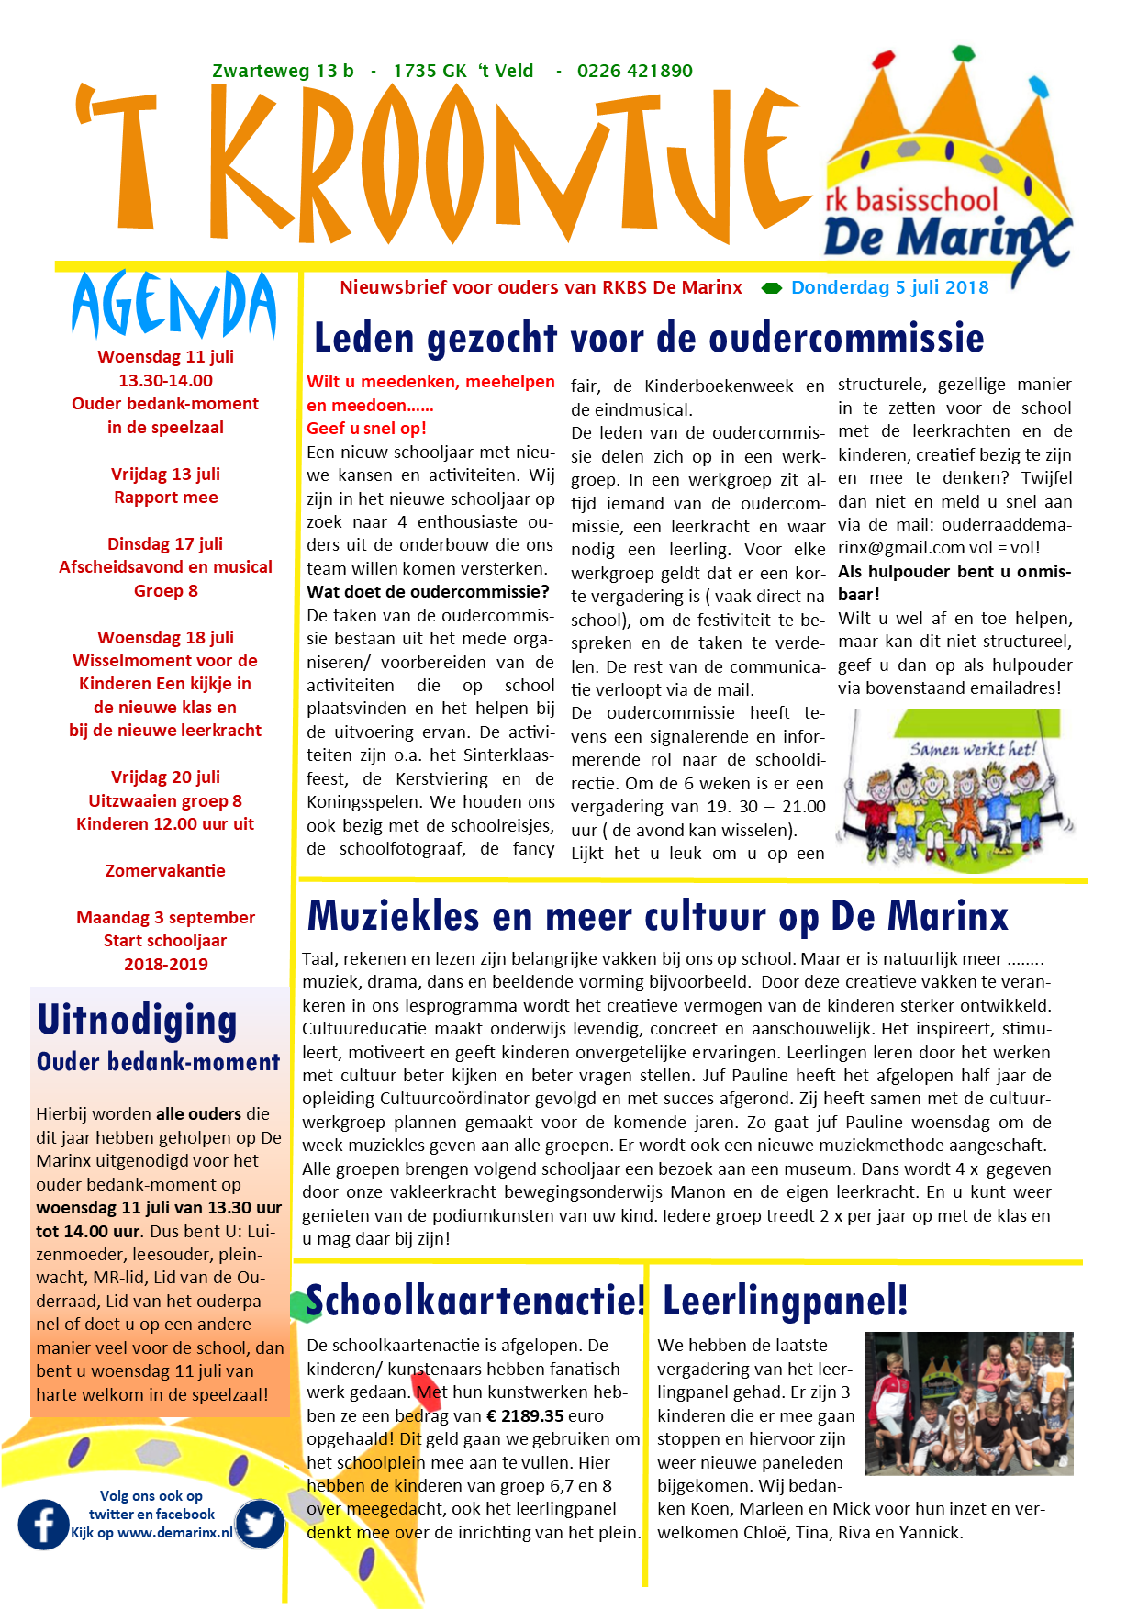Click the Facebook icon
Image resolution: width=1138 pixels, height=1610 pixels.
43,1525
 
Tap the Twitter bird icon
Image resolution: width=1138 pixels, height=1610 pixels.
259,1525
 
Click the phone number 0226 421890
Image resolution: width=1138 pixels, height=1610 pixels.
634,72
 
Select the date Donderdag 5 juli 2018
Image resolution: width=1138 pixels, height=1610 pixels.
889,287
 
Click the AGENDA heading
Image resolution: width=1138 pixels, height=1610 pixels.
173,306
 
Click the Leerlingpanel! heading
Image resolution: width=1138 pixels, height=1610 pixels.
785,1301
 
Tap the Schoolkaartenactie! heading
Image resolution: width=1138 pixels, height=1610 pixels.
475,1301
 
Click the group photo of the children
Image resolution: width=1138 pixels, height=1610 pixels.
969,1403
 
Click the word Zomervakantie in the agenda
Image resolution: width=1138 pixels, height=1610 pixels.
165,870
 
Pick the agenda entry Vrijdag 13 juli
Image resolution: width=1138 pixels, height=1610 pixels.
165,474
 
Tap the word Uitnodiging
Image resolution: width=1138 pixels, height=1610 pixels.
138,1020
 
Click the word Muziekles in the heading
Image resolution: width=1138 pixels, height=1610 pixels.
394,916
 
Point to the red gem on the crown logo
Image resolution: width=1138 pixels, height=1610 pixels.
883,60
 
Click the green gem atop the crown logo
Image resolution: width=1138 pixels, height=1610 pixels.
963,52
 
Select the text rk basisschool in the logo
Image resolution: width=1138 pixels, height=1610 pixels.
910,200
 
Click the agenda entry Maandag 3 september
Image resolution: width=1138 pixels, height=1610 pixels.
165,917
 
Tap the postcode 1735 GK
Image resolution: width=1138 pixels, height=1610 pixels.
430,72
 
